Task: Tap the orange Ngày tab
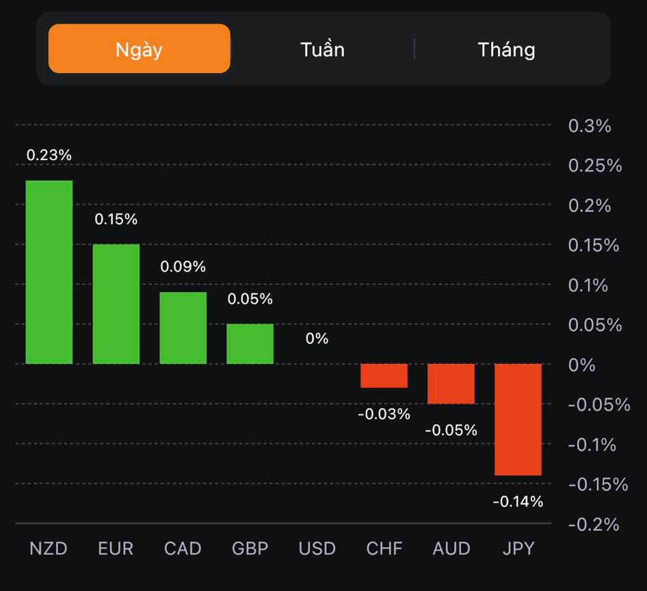(139, 49)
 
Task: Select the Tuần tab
(322, 49)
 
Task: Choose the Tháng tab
(506, 49)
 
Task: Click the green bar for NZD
(49, 272)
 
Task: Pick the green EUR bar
(116, 304)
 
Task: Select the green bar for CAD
(183, 328)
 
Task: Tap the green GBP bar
(250, 343)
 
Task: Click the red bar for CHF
(384, 376)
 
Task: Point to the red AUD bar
(451, 384)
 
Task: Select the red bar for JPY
(518, 419)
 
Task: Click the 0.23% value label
(49, 155)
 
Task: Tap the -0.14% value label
(518, 502)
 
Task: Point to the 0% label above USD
(317, 339)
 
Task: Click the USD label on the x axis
(317, 549)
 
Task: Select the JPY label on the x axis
(518, 549)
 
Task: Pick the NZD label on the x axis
(49, 549)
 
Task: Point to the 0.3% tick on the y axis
(590, 126)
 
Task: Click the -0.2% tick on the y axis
(593, 525)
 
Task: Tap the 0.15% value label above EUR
(116, 220)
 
